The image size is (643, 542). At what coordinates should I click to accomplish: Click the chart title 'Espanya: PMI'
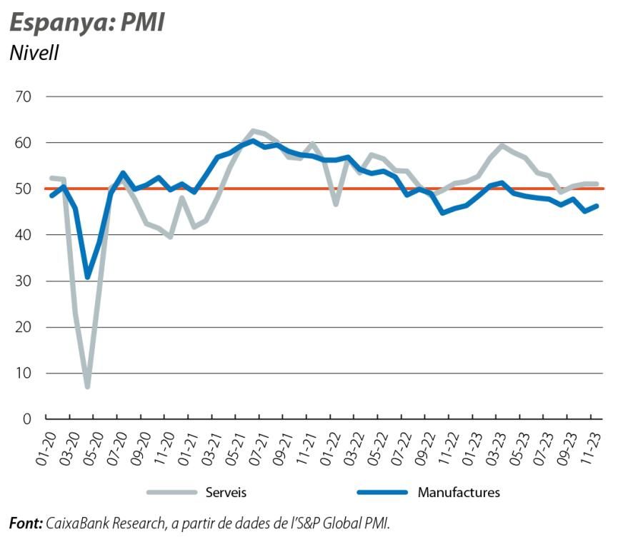pyautogui.click(x=86, y=22)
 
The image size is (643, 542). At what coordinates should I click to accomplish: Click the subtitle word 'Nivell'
pyautogui.click(x=34, y=53)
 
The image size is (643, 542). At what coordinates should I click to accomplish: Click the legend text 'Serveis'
pyautogui.click(x=226, y=492)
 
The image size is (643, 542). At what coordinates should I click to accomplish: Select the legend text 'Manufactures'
pyautogui.click(x=459, y=492)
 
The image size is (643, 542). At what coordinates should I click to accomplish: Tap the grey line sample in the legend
pyautogui.click(x=171, y=492)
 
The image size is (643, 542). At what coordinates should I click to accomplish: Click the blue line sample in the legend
pyautogui.click(x=381, y=492)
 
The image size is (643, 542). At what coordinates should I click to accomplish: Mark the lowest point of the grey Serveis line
pyautogui.click(x=87, y=386)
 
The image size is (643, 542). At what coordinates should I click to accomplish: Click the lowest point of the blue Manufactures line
pyautogui.click(x=87, y=277)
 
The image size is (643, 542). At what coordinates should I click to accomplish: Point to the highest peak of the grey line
pyautogui.click(x=252, y=131)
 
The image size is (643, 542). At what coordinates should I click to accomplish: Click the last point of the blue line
pyautogui.click(x=597, y=206)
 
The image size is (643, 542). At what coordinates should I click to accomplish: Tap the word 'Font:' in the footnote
pyautogui.click(x=26, y=523)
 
